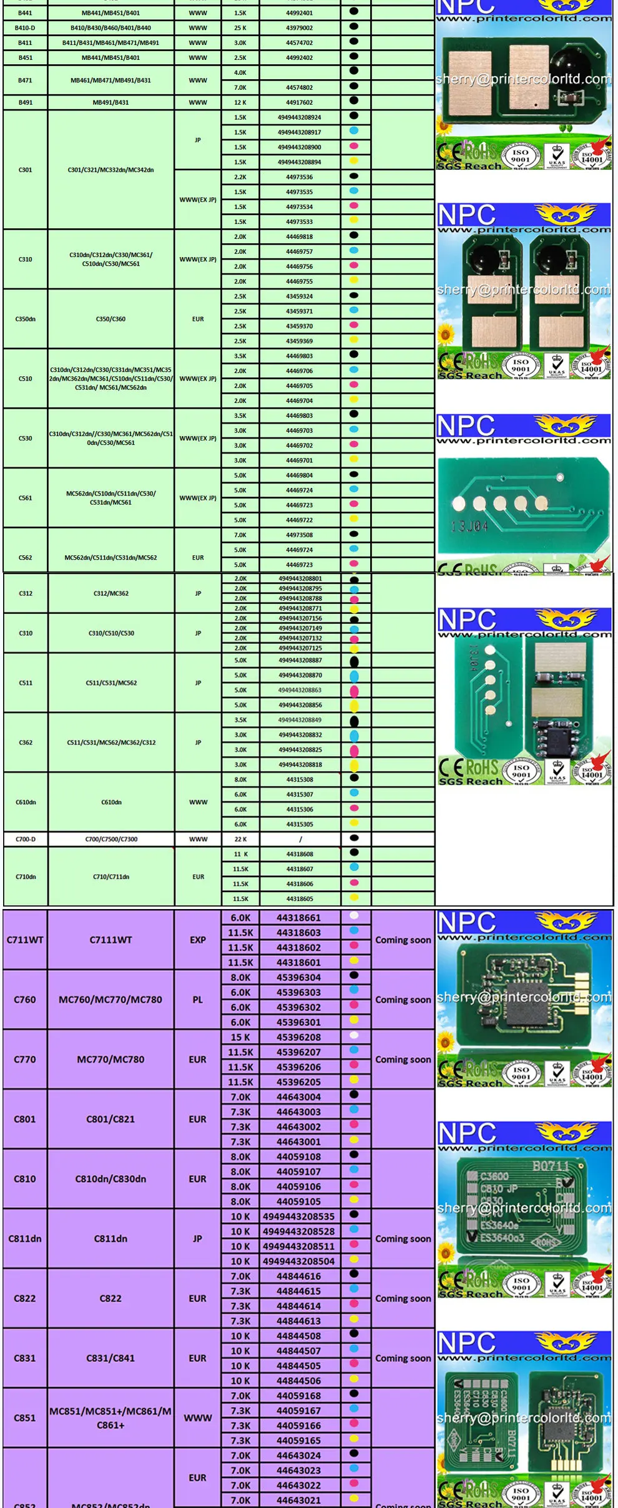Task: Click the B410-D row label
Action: [25, 27]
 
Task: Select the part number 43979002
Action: [300, 27]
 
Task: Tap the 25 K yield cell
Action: [240, 27]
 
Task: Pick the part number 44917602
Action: [300, 102]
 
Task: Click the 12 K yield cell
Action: [240, 102]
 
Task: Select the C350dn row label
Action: [25, 319]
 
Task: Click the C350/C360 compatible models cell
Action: [110, 319]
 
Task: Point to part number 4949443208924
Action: [300, 117]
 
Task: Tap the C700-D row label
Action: [25, 839]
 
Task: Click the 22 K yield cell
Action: [240, 839]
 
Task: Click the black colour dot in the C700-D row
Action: [355, 838]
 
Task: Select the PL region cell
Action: [198, 1000]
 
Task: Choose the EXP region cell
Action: [198, 940]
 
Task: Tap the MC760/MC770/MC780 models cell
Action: [110, 1000]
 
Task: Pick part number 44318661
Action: [298, 918]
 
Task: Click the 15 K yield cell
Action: [240, 1037]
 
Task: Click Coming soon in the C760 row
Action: [403, 1000]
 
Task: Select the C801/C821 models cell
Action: [110, 1119]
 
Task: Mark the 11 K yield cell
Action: [240, 854]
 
